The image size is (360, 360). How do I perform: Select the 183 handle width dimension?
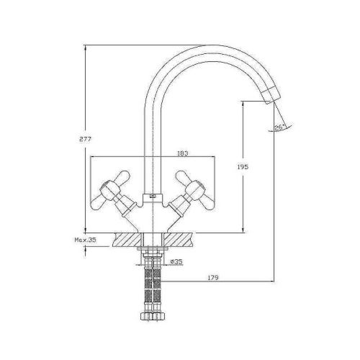coord(183,153)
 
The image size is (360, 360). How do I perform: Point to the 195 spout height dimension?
coord(242,166)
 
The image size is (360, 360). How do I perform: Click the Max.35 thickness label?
coord(85,239)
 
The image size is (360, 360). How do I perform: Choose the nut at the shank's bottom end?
coord(152,315)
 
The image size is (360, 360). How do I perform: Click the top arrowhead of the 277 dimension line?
coord(86,48)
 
